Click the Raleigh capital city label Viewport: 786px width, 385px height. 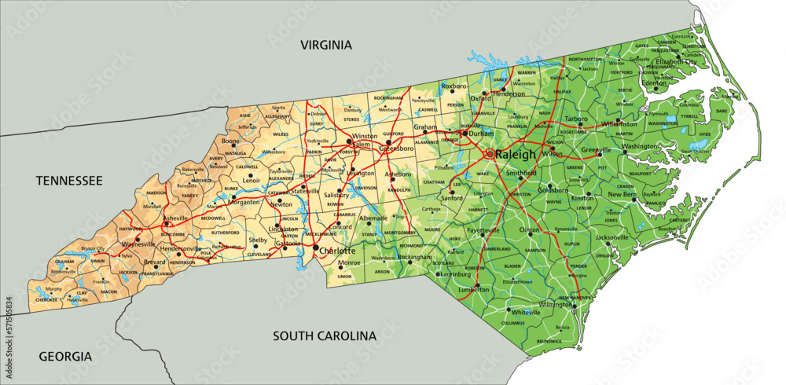(516, 155)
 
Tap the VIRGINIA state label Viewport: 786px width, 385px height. (325, 45)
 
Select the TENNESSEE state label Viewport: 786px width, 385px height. (69, 181)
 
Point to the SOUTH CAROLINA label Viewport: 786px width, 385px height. (325, 335)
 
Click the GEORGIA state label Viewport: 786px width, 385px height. (65, 356)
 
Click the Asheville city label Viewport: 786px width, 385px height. (176, 218)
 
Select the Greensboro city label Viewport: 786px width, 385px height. (396, 148)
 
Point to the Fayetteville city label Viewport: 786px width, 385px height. (483, 230)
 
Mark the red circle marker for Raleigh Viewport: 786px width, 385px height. (490, 154)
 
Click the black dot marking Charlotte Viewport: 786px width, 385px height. (316, 249)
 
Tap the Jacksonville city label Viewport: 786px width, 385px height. (612, 236)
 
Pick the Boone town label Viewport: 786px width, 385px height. (230, 141)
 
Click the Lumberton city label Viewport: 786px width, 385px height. (475, 289)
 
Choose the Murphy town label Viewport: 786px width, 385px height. (53, 289)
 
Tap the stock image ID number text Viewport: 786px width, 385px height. (7, 323)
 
